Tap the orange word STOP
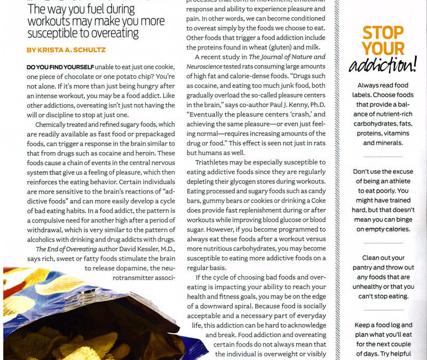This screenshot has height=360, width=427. point(383,33)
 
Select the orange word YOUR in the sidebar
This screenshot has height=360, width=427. point(383,49)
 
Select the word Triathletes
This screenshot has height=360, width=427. point(213,162)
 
